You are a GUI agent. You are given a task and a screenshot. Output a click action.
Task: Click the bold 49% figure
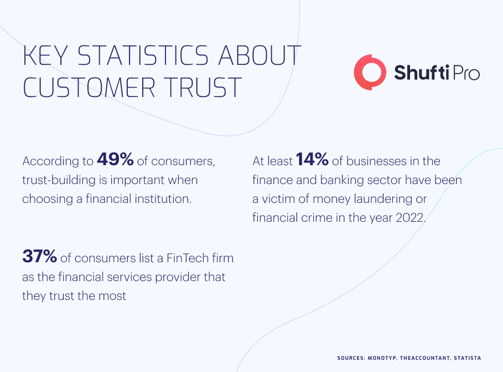point(115,159)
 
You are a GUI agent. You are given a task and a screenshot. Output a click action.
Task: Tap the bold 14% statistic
point(312,159)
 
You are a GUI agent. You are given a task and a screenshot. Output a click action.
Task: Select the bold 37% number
point(40,256)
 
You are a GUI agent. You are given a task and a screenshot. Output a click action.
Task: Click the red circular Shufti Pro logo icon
point(370,72)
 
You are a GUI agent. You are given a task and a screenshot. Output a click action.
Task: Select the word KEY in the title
point(45,55)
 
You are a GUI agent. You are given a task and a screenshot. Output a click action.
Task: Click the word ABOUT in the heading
point(260,55)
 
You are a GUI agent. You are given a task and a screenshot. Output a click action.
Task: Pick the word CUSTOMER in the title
point(89,87)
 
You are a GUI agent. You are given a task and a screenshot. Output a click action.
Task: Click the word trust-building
point(59,180)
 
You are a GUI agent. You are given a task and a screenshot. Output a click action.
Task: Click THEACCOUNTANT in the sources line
point(425,358)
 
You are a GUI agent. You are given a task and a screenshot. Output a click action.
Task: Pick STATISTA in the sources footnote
point(468,358)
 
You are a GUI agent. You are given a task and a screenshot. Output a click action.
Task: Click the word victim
point(278,198)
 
